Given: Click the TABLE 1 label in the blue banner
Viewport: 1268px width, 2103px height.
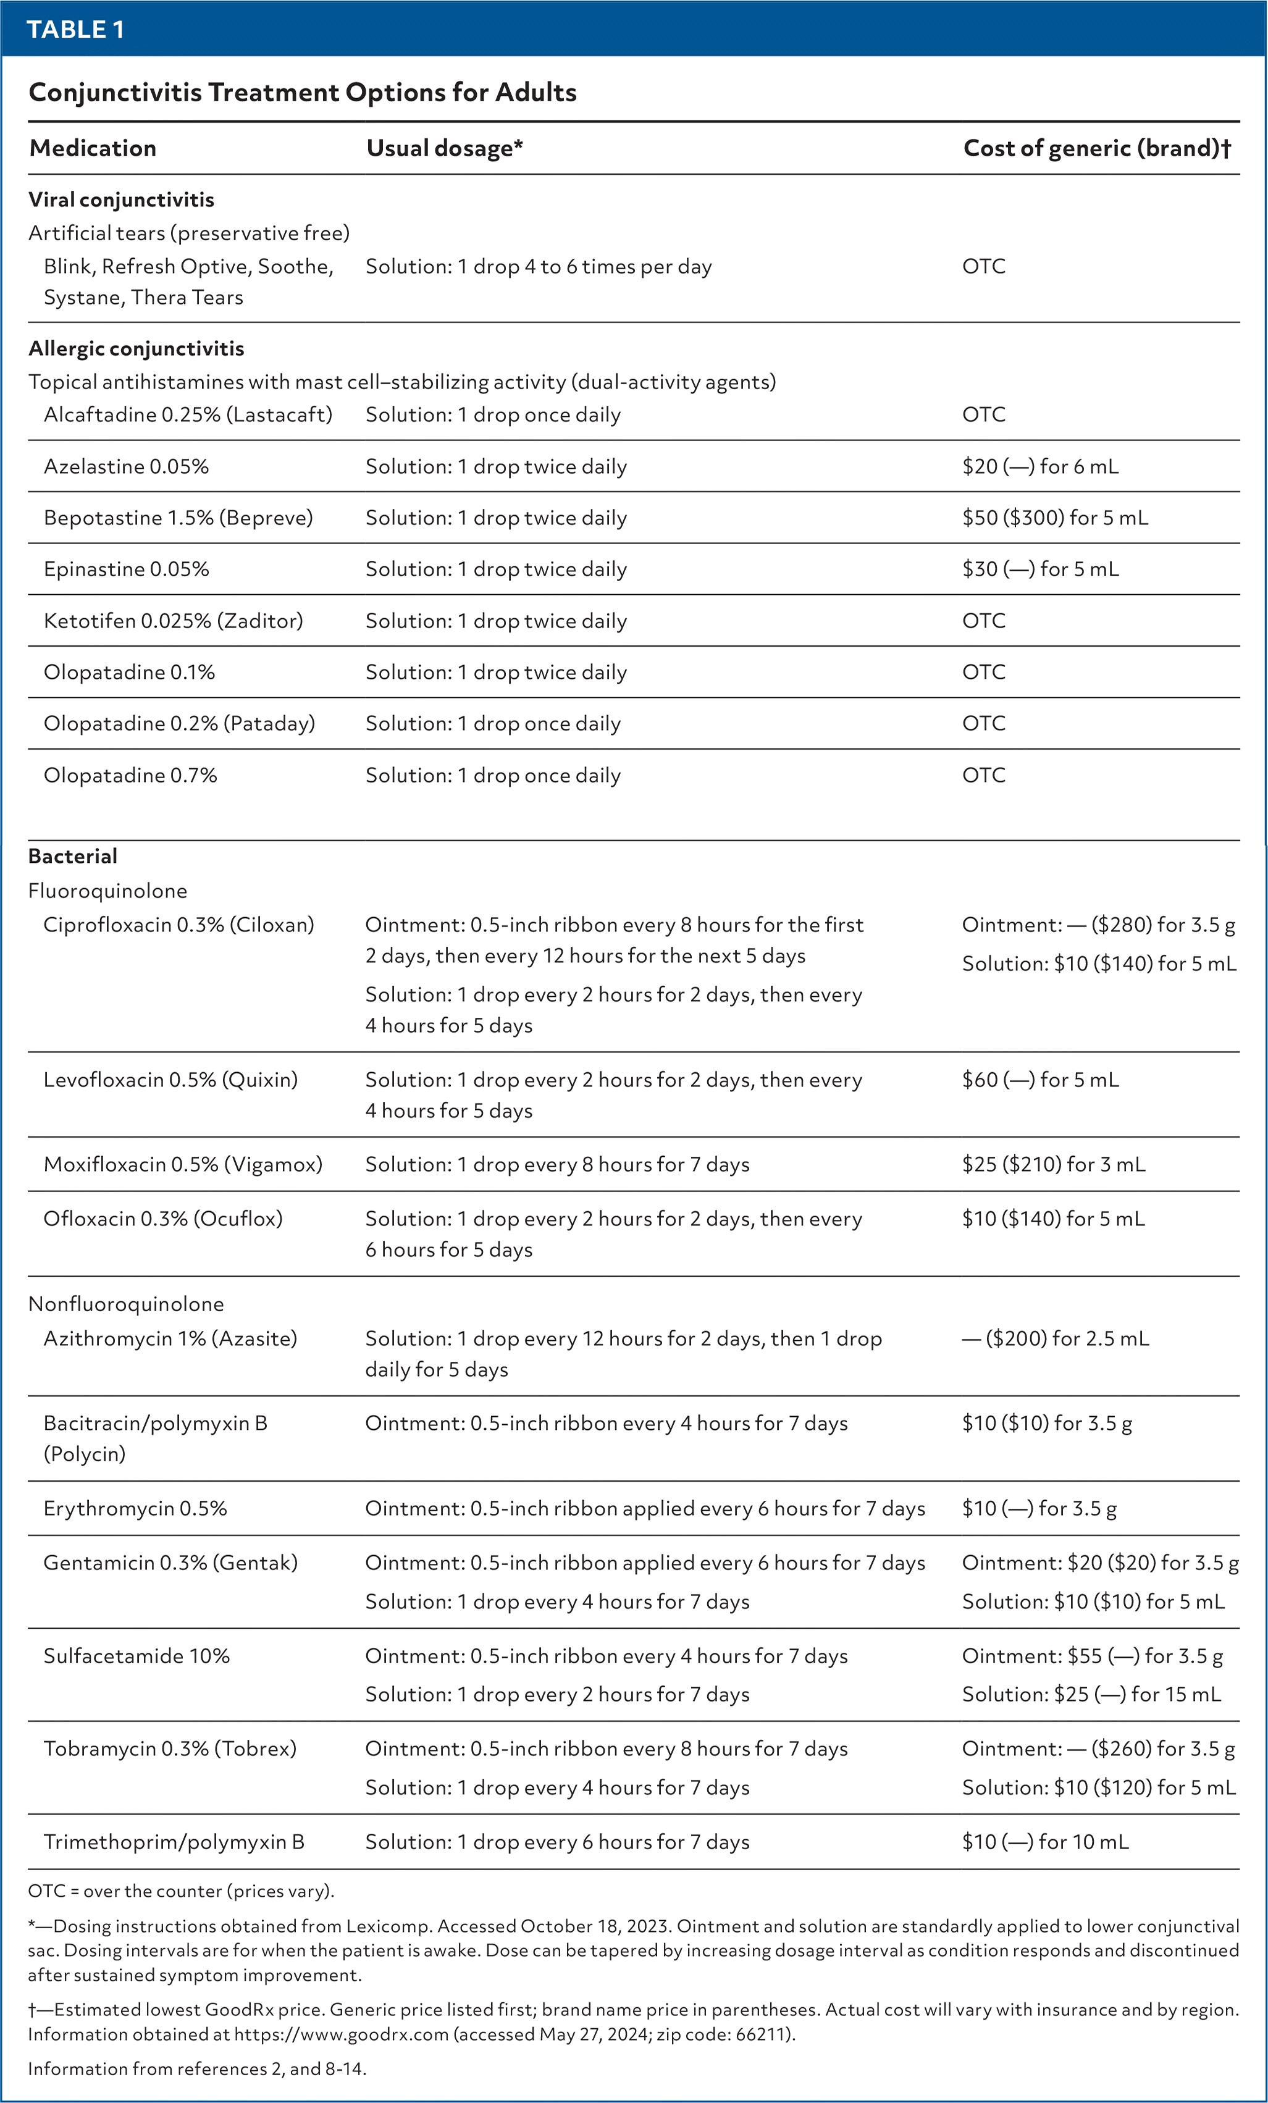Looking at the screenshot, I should (x=75, y=29).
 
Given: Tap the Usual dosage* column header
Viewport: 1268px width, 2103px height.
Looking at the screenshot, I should (x=443, y=148).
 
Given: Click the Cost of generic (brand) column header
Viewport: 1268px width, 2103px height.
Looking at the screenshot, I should (x=1096, y=148).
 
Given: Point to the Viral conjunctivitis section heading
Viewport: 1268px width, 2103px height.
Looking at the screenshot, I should (x=121, y=199).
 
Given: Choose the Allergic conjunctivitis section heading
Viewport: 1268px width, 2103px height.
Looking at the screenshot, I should (x=136, y=348).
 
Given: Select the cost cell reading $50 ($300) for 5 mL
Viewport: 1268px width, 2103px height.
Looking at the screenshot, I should (x=1055, y=518).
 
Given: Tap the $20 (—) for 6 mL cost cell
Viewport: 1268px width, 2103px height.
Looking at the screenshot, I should (x=1039, y=467).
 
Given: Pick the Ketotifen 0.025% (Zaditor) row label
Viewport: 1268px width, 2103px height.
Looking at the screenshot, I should (x=173, y=621).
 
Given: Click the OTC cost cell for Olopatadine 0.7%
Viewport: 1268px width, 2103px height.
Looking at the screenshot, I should (x=983, y=775).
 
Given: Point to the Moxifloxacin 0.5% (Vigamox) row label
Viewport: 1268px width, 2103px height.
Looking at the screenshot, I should (x=183, y=1164).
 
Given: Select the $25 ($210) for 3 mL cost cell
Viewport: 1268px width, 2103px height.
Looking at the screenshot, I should (x=1053, y=1164).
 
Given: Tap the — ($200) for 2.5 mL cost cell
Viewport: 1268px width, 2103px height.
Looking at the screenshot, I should (x=1055, y=1338).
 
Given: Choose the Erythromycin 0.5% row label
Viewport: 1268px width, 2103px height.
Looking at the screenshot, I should (x=135, y=1508).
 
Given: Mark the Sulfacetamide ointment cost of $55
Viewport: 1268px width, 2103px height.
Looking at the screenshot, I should (x=1091, y=1656).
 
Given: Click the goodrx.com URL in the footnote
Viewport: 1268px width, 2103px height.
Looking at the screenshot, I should (x=342, y=2034).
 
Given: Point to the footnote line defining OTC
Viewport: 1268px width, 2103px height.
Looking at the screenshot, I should (x=181, y=1891).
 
